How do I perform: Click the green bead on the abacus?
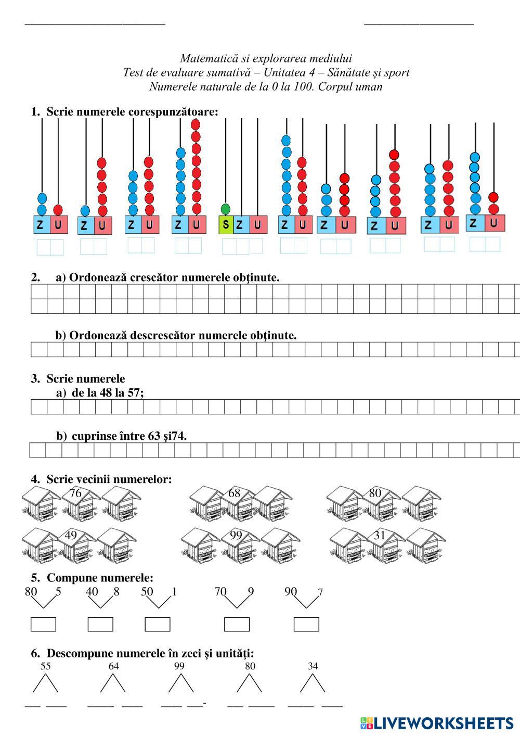point(225,209)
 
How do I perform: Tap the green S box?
point(226,225)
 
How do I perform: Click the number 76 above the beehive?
point(75,493)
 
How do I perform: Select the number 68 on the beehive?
point(235,493)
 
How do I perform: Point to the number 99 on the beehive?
point(236,535)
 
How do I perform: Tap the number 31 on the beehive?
point(380,535)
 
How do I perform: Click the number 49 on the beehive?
point(71,535)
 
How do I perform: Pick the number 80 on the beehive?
point(375,493)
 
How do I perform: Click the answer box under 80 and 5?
point(43,624)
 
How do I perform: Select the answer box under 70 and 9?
point(237,624)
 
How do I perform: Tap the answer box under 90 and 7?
point(306,624)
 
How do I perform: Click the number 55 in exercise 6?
point(46,666)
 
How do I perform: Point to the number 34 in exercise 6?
point(313,666)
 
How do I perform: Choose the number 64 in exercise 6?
point(113,666)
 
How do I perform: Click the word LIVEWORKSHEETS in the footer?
point(444,723)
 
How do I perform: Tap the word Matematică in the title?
point(205,58)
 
